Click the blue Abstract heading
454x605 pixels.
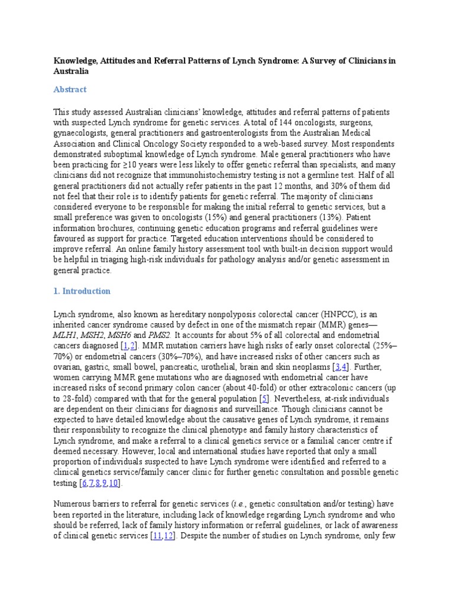[x=70, y=89]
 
